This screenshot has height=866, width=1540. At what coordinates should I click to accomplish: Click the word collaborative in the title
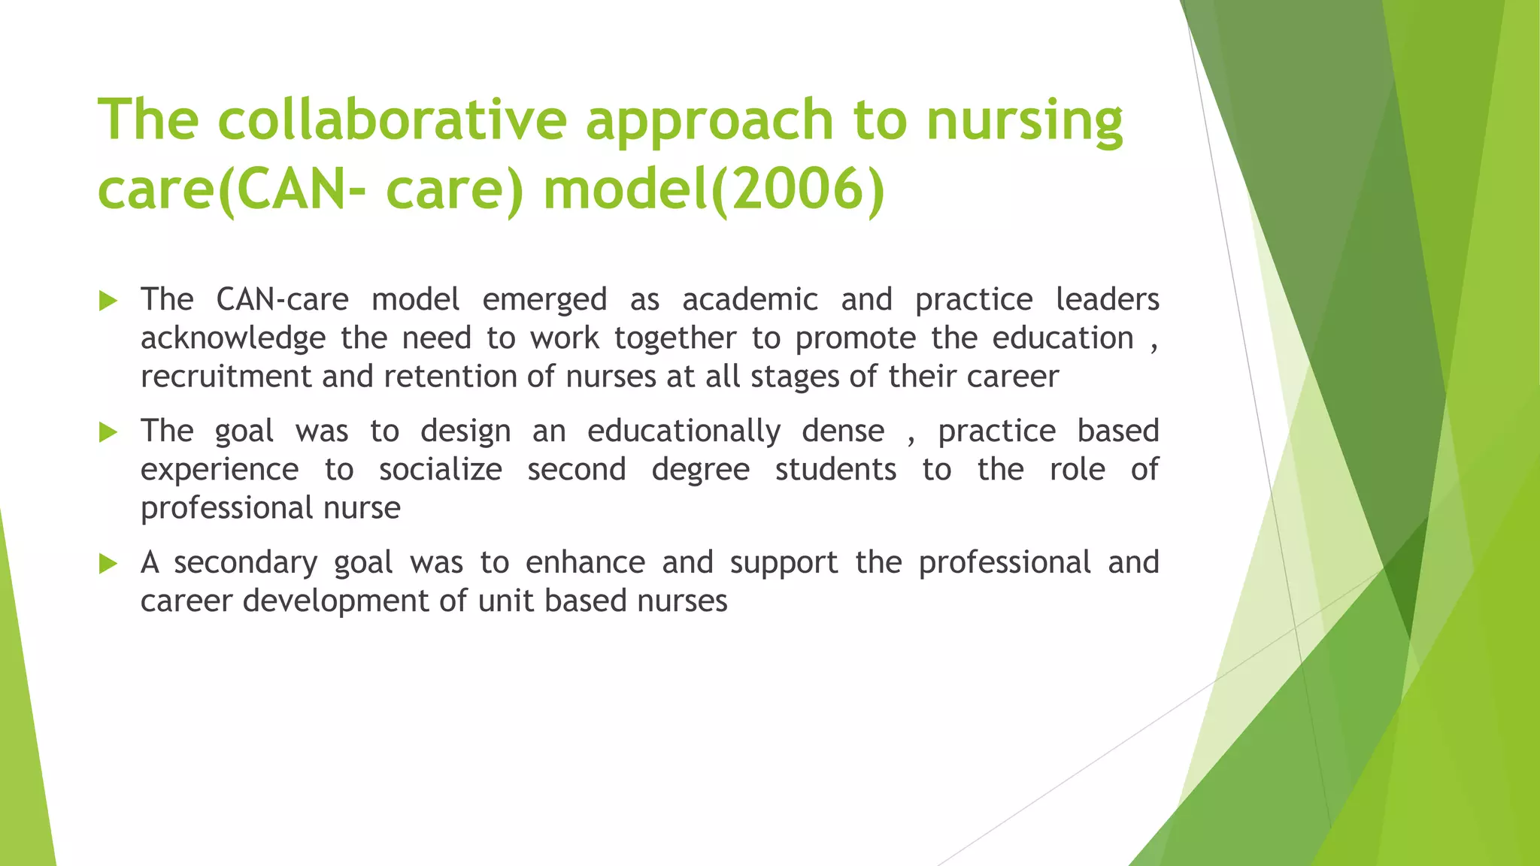(x=391, y=120)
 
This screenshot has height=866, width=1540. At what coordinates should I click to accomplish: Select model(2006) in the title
(x=714, y=189)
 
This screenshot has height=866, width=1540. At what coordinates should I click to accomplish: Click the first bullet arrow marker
(x=108, y=302)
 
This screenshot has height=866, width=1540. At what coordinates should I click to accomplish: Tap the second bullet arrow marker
(x=108, y=433)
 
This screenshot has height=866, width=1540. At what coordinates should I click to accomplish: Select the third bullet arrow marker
(x=108, y=564)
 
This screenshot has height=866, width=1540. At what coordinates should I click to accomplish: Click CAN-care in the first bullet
(x=282, y=300)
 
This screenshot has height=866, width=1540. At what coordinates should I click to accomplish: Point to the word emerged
(x=544, y=300)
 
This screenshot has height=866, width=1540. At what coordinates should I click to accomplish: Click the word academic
(x=750, y=300)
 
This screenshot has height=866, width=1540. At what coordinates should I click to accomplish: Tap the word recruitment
(x=226, y=377)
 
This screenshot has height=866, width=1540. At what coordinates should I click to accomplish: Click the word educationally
(x=684, y=431)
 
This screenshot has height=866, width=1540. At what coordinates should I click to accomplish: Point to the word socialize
(x=440, y=470)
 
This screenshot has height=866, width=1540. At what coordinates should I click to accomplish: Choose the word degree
(x=700, y=470)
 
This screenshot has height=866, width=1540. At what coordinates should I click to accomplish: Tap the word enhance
(x=585, y=563)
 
